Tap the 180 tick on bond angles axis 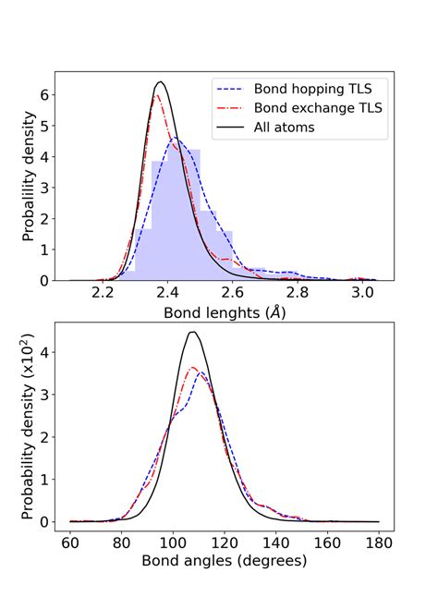(378, 540)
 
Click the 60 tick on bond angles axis (70, 540)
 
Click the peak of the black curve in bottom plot (192, 332)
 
